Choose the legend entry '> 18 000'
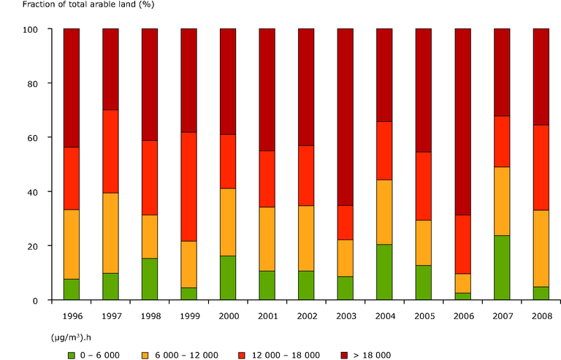pyautogui.click(x=380, y=354)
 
